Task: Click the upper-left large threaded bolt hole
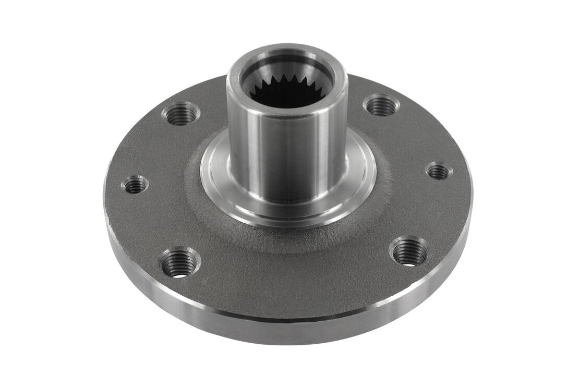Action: click(x=180, y=114)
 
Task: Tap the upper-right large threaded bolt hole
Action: click(x=381, y=106)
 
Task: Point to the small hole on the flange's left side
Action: click(x=135, y=184)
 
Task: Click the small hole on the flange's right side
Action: click(x=439, y=171)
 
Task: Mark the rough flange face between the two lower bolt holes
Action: click(x=292, y=276)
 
